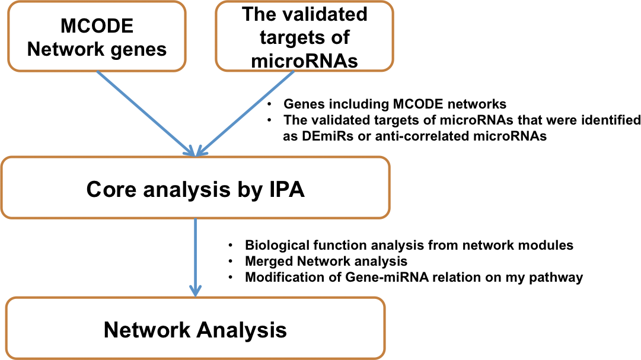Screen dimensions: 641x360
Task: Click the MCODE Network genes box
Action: coord(97,37)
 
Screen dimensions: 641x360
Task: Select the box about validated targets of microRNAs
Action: coord(304,36)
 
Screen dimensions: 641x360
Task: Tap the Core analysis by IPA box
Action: coord(196,187)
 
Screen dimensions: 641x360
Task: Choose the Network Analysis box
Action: coord(196,328)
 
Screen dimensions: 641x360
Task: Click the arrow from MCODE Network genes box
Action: coord(146,113)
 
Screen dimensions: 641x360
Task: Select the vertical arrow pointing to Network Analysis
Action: coord(196,257)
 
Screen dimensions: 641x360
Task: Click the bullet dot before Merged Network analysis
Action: coord(231,261)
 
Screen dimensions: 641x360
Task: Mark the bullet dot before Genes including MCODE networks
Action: coord(269,104)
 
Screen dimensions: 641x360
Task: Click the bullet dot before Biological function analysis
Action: coord(231,245)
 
